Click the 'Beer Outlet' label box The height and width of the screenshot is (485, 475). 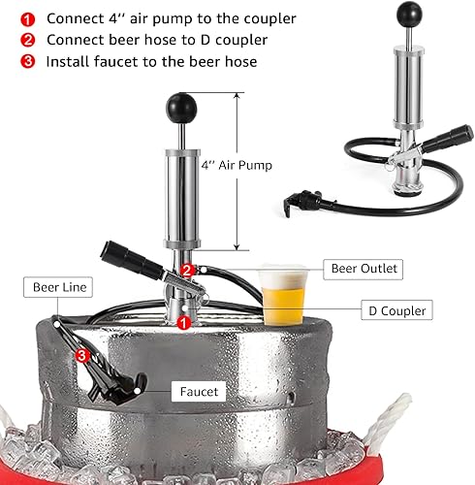pos(364,269)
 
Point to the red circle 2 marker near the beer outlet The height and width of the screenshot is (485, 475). pos(189,270)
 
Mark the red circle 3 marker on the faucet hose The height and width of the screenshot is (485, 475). pos(83,356)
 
